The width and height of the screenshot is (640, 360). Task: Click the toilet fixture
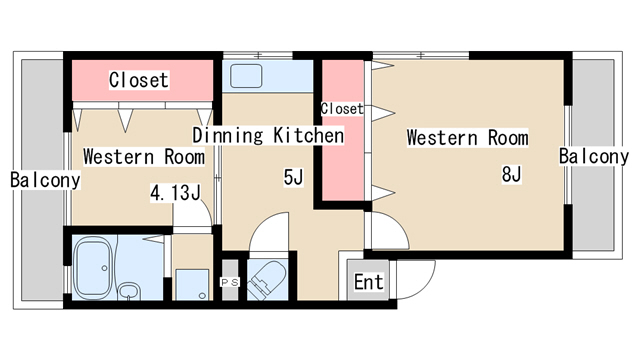[x=267, y=280]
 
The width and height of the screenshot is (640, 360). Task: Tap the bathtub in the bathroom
[x=93, y=268]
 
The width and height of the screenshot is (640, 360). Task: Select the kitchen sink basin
[x=246, y=76]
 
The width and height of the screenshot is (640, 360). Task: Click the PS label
[x=229, y=282]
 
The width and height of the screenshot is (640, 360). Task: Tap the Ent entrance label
[x=368, y=282]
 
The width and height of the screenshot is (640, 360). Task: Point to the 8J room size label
[x=511, y=174]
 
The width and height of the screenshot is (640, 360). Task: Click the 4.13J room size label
[x=176, y=193]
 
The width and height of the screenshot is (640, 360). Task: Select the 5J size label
[x=293, y=177]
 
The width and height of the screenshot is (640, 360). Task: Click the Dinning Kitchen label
[x=268, y=136]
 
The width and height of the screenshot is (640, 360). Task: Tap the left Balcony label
[x=45, y=180]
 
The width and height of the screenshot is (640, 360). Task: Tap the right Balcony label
[x=594, y=156]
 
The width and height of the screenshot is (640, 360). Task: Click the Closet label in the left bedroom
[x=139, y=80]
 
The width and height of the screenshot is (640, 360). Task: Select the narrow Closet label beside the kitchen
[x=342, y=109]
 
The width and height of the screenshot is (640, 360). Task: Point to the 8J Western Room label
[x=467, y=138]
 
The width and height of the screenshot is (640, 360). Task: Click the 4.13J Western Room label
[x=144, y=157]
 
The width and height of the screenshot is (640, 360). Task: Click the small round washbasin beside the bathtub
[x=130, y=291]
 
